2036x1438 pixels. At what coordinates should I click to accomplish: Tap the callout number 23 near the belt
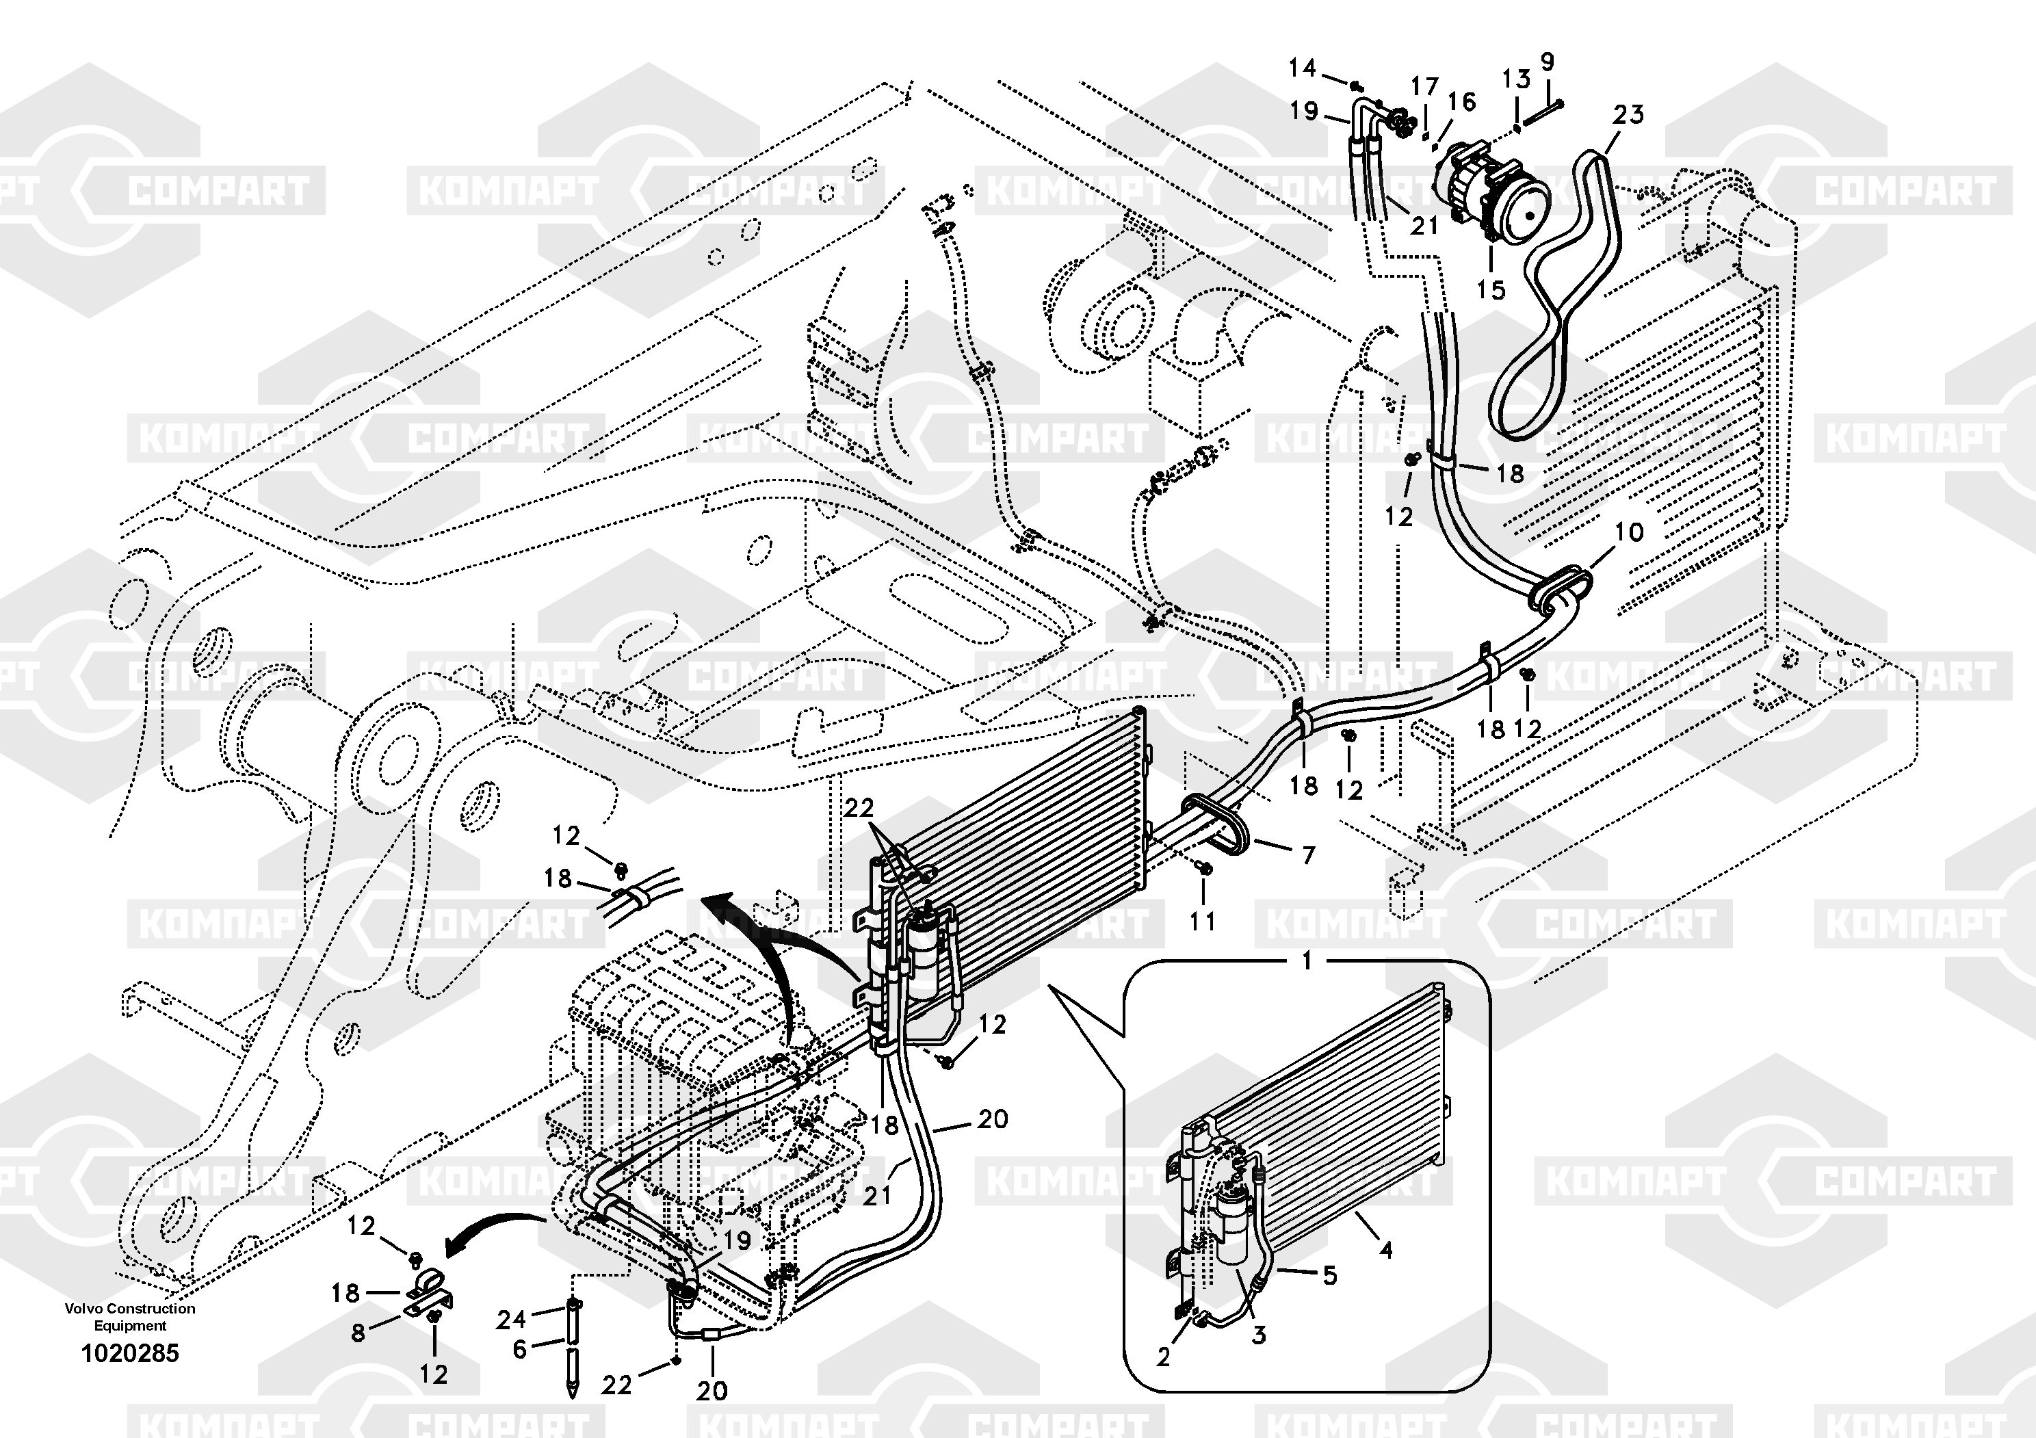1628,114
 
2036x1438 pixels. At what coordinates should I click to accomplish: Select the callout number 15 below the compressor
1491,290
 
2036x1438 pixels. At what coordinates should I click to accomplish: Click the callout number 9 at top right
1548,62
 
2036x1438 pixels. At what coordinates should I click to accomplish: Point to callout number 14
1302,67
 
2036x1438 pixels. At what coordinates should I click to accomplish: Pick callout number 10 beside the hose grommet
1629,532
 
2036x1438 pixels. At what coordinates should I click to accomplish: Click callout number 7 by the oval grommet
1308,856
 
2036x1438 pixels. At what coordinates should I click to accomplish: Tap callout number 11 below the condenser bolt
1203,922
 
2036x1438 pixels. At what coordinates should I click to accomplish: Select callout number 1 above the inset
1306,961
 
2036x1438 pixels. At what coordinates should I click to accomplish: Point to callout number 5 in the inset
1329,1276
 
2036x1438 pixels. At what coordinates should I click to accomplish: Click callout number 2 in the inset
1164,1357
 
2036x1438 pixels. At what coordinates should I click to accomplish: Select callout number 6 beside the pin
520,1349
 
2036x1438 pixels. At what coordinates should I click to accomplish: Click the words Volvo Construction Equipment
131,1316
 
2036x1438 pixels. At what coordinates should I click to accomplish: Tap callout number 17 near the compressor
1424,87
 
